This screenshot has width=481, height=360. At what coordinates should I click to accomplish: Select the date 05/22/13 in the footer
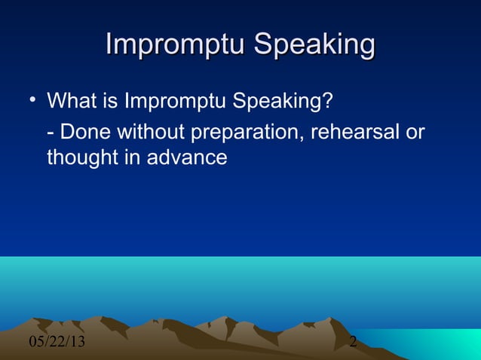tap(57, 343)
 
